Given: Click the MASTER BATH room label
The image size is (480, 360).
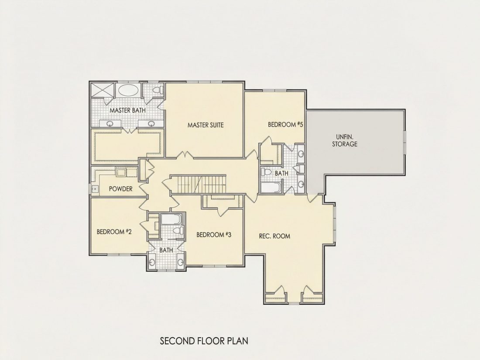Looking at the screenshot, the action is point(128,110).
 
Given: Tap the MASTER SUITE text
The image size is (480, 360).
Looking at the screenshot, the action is point(206,125).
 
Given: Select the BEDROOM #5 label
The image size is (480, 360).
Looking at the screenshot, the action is point(285,125).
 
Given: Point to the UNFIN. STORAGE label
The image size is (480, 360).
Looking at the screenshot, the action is point(345,140).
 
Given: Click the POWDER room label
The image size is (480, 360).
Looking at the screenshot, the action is point(120,189).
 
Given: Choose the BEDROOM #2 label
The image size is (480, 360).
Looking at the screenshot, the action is point(114,232).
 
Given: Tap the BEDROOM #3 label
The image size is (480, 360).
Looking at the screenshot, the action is point(214,235).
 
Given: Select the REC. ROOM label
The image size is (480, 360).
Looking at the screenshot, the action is point(274,236).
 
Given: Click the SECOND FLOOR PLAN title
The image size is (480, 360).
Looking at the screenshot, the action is point(204,341).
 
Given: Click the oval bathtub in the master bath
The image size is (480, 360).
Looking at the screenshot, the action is point(128,90).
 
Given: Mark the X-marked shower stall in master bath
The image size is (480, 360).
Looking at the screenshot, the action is point(102,90).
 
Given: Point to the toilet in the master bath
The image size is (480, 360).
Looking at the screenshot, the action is point(158,90).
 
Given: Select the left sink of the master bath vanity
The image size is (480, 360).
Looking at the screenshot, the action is point(110,123).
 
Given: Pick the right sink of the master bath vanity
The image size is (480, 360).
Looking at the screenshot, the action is point(151,123).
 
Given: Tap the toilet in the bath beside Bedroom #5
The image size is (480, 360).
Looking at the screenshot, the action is point(266,172).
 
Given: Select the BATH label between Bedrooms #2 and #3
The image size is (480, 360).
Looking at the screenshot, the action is point(166,250).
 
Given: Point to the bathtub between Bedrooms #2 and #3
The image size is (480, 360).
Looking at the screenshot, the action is point(171,219).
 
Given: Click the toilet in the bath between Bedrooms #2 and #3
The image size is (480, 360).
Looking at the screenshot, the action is point(178,230).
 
